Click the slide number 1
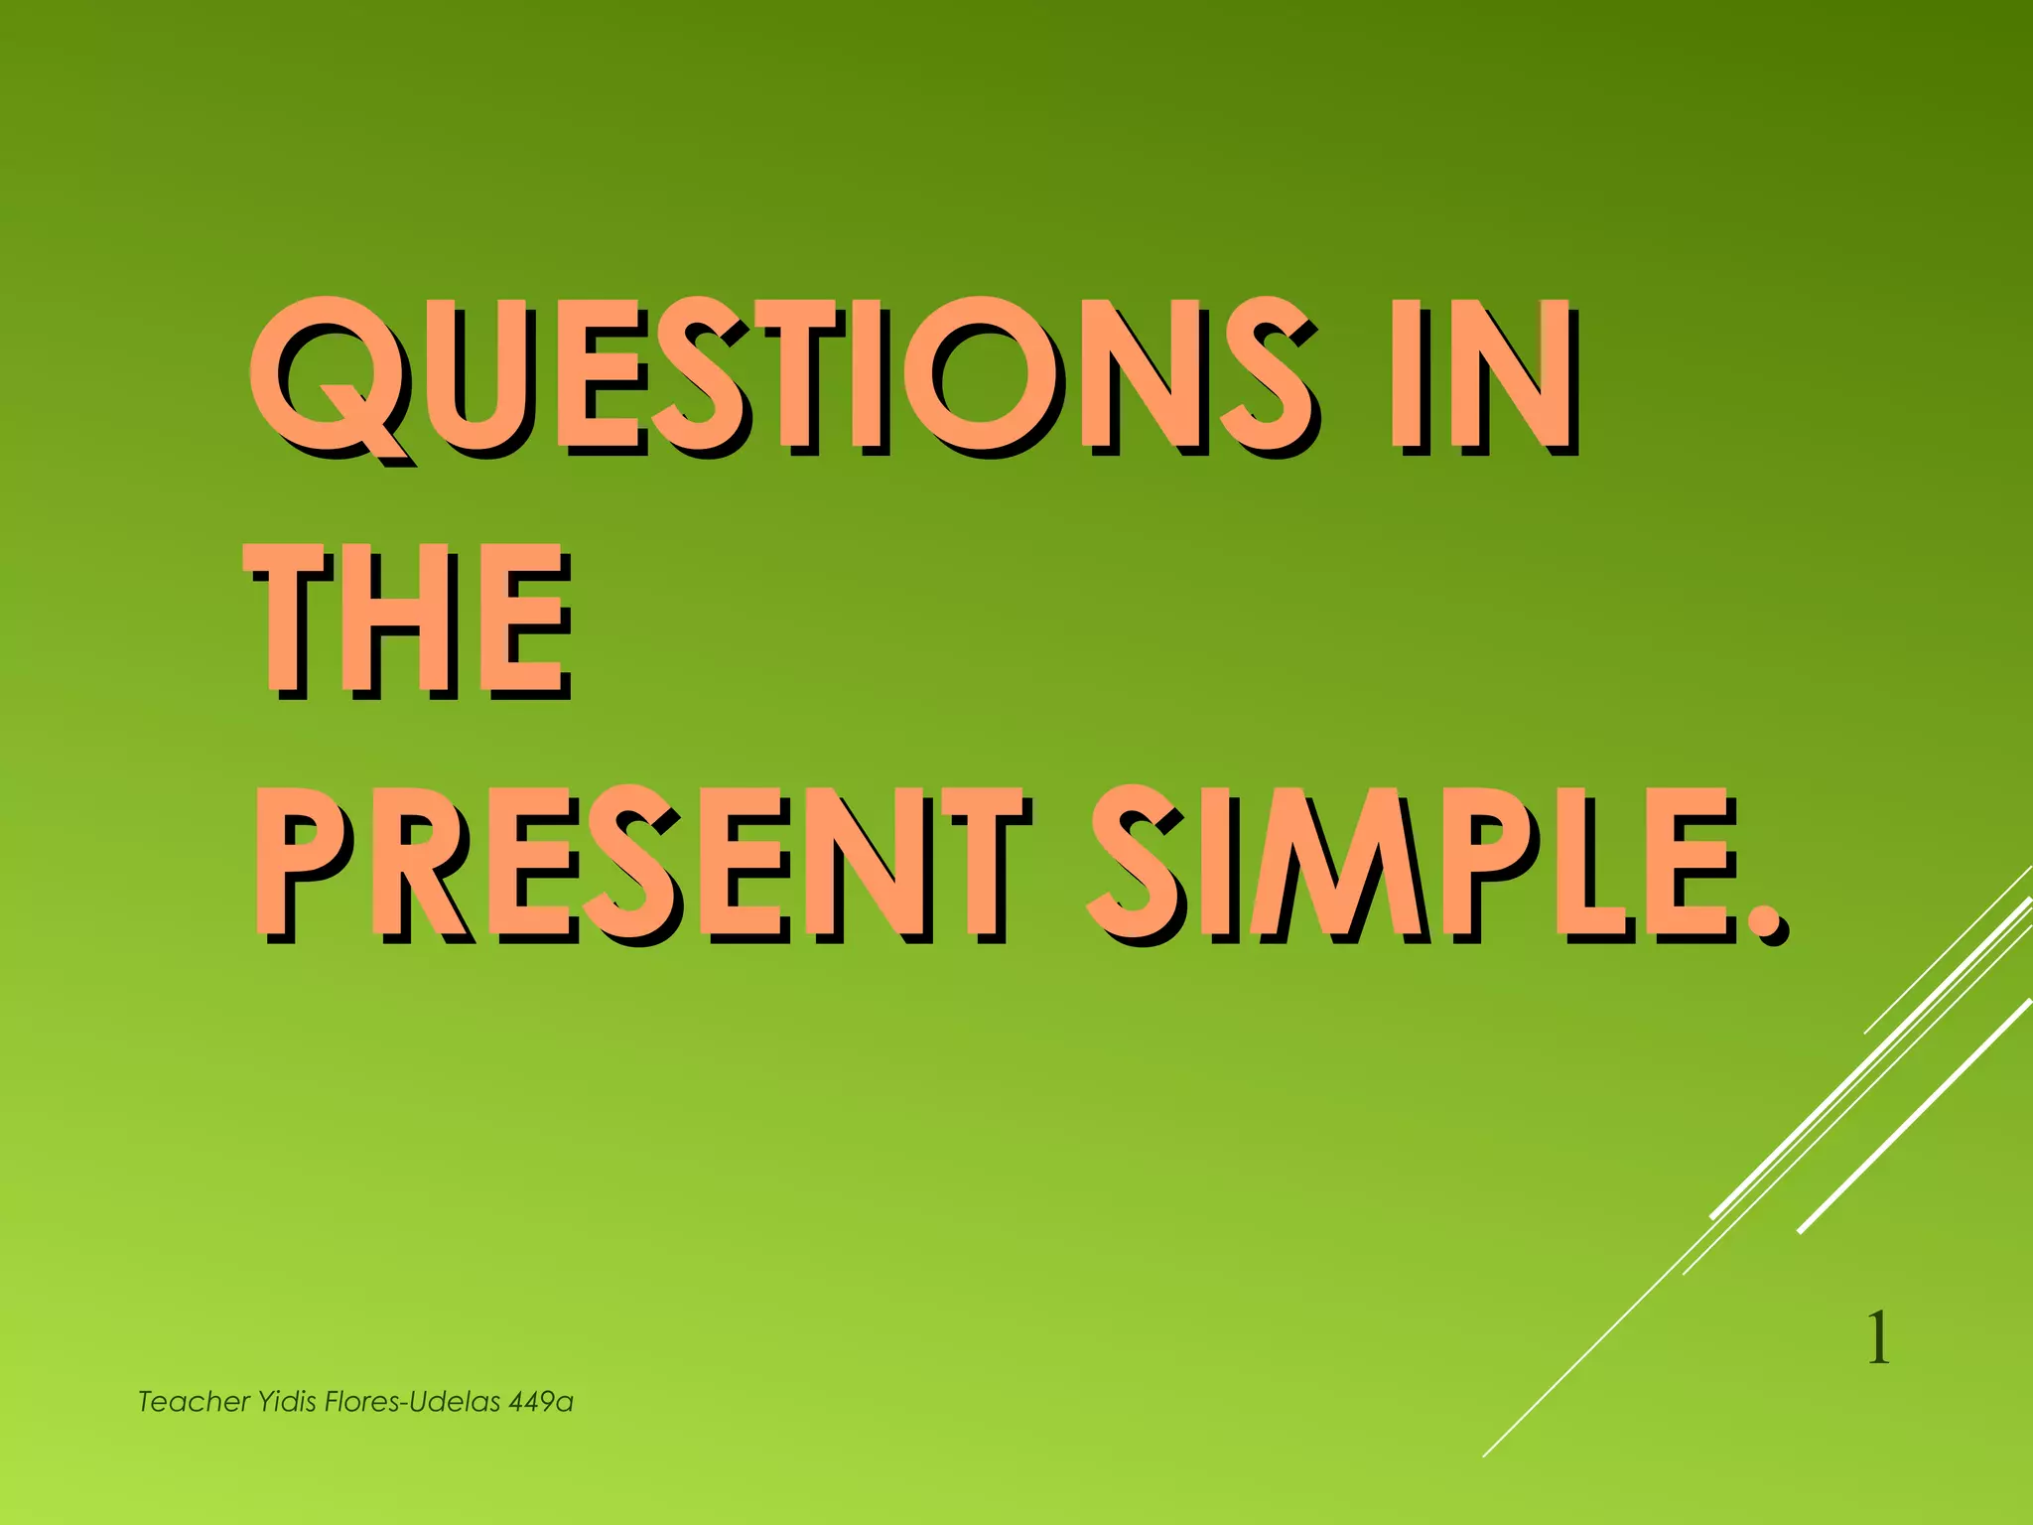(x=1877, y=1339)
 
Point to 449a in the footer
(x=541, y=1402)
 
